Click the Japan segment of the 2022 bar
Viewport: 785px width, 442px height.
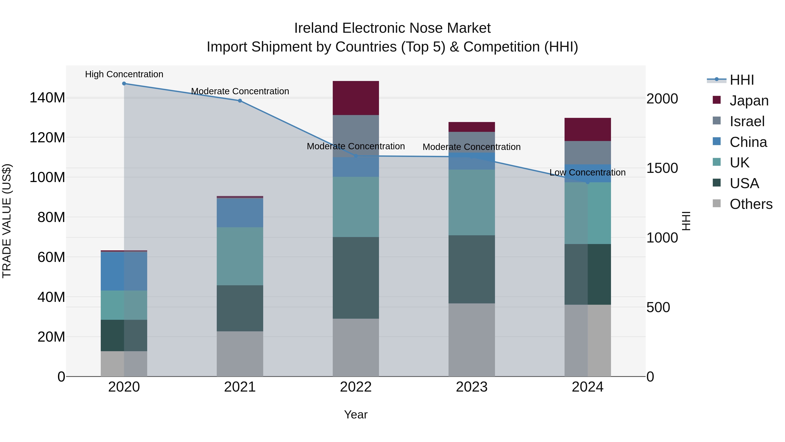click(x=356, y=98)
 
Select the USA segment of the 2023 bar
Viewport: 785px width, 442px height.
click(x=471, y=269)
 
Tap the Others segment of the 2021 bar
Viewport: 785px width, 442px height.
click(x=240, y=354)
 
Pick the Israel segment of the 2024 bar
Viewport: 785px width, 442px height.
click(x=587, y=153)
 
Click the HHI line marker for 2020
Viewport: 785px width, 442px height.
click(x=124, y=84)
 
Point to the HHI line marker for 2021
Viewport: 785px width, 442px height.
click(x=240, y=101)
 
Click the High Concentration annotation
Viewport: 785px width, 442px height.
click(x=124, y=74)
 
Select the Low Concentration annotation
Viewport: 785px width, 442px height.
click(x=587, y=172)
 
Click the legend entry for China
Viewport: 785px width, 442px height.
click(x=748, y=142)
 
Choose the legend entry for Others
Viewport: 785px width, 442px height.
click(x=751, y=204)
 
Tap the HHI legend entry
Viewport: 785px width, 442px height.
click(x=741, y=80)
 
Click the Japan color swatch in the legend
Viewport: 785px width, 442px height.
click(x=717, y=100)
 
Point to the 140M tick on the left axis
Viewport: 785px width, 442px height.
click(x=47, y=98)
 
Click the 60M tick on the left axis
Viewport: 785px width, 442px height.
click(x=51, y=257)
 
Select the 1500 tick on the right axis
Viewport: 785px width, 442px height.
click(x=662, y=168)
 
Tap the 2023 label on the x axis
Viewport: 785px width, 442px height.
click(x=471, y=387)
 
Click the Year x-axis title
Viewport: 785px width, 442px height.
click(x=356, y=414)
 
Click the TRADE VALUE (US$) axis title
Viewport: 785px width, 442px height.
click(x=7, y=221)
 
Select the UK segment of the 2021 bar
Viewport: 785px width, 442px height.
click(x=240, y=256)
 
